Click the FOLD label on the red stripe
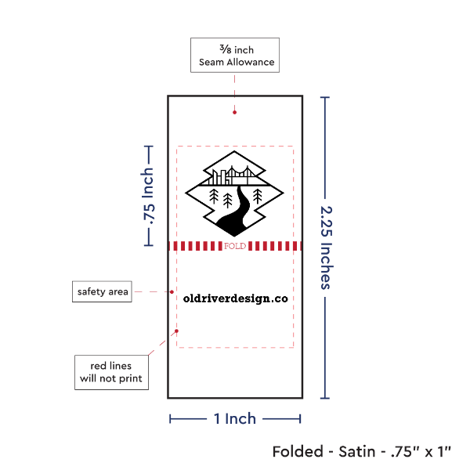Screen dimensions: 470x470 point(235,246)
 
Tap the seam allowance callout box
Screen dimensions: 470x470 point(234,55)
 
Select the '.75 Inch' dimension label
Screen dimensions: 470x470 point(147,195)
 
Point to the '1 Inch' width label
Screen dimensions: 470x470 point(235,419)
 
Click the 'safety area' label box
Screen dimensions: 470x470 point(102,292)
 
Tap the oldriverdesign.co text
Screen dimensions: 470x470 point(235,298)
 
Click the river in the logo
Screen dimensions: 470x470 point(239,208)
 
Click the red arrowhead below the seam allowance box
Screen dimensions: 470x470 point(234,113)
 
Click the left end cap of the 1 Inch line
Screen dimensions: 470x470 point(170,419)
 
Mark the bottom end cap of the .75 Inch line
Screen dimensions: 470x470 point(147,245)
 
